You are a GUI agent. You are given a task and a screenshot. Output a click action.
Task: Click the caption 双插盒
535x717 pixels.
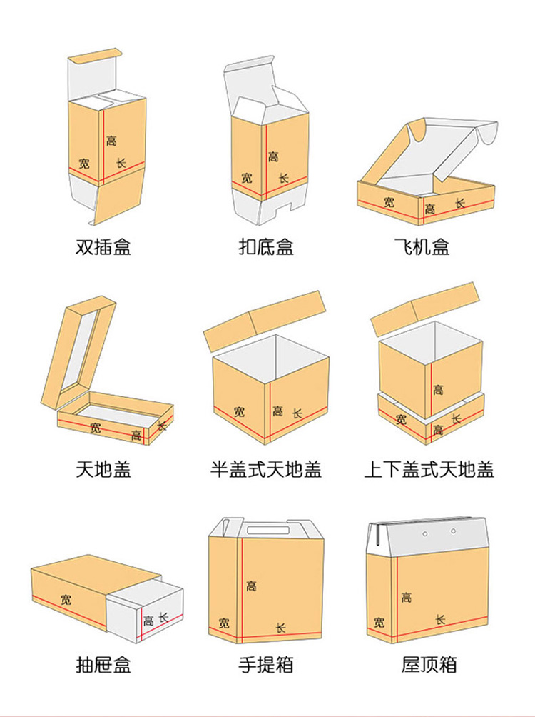pos(103,247)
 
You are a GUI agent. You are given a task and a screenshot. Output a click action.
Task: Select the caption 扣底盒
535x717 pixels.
pos(265,247)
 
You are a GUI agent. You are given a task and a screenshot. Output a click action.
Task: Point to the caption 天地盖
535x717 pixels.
pos(103,469)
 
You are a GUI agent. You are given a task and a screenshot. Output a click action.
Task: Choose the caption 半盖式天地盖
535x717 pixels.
pos(265,469)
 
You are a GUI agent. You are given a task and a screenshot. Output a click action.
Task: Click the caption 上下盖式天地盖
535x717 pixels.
pos(429,469)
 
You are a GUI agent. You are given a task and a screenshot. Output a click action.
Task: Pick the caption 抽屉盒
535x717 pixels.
pos(103,665)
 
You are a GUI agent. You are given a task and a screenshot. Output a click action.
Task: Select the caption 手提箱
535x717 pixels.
pos(265,665)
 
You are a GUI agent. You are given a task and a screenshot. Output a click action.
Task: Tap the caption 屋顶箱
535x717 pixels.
pos(429,665)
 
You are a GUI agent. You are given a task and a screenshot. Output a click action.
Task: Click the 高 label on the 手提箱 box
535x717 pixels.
pos(251,586)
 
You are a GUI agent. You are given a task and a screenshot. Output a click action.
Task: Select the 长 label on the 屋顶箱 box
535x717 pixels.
pos(440,618)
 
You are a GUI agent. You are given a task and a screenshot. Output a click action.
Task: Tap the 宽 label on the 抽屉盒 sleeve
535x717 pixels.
pos(66,598)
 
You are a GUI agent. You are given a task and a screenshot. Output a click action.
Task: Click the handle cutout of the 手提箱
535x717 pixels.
pos(265,531)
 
